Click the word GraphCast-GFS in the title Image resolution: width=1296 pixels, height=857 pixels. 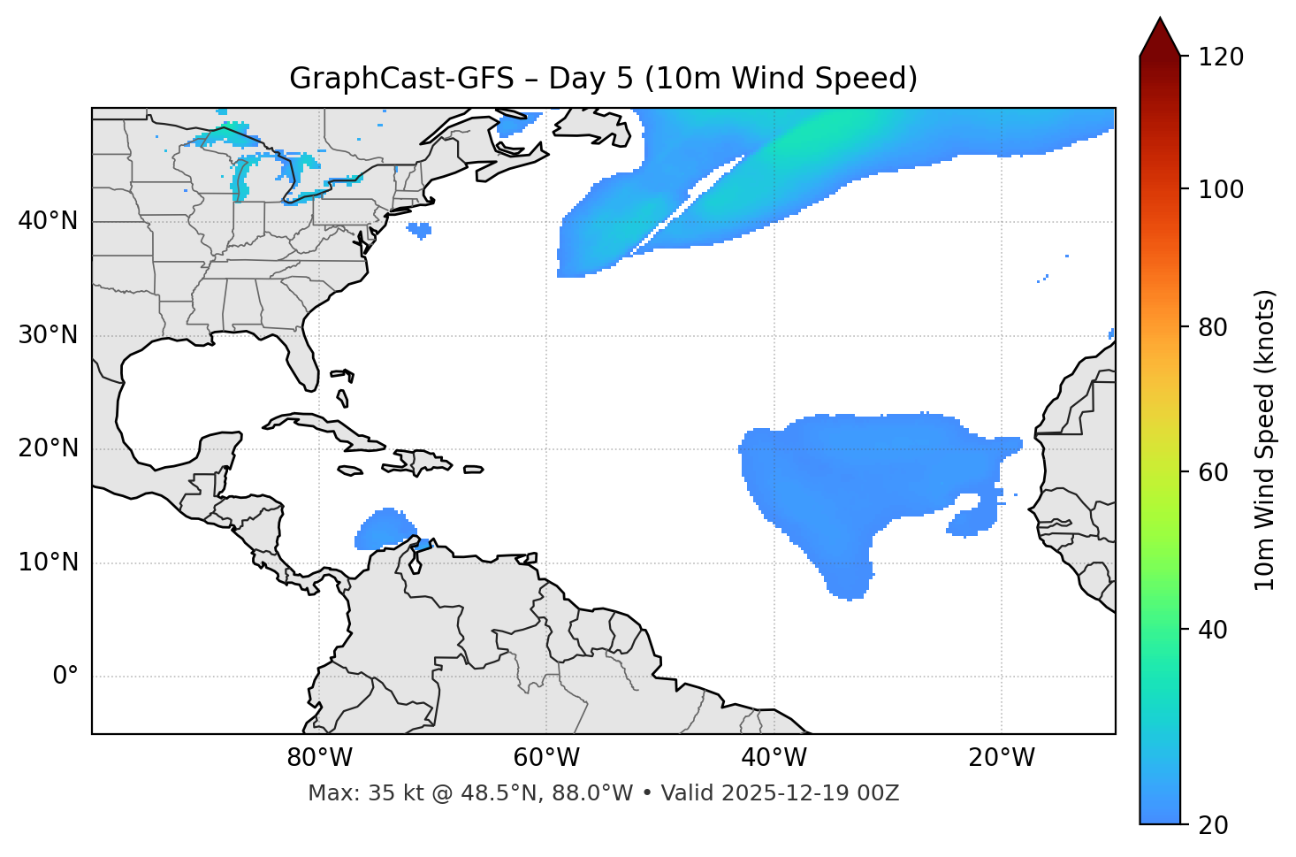coord(401,79)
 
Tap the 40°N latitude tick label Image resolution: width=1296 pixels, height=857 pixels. coord(48,221)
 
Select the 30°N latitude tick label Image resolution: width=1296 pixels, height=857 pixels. coord(48,335)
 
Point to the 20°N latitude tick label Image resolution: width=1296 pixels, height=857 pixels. coord(48,448)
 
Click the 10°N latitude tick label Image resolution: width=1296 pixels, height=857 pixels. coord(48,562)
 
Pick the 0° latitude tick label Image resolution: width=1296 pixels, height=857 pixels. coord(65,677)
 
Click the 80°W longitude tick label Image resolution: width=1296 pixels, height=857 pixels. coord(319,758)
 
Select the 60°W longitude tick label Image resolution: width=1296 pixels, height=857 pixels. coord(546,758)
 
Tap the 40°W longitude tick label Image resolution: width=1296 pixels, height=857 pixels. coord(774,758)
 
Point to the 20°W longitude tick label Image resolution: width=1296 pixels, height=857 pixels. coord(1001,758)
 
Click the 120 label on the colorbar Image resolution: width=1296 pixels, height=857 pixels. coord(1221,57)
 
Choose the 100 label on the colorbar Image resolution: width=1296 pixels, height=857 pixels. coord(1221,189)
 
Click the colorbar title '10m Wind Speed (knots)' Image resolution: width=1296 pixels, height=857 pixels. coord(1265,440)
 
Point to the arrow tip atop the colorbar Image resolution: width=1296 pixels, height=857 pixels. coord(1160,19)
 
